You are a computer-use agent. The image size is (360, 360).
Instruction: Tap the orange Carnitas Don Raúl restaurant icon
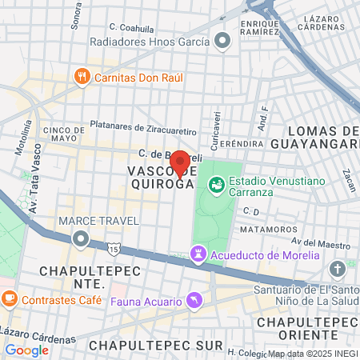(82, 77)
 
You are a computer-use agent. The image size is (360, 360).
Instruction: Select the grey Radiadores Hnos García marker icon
(222, 41)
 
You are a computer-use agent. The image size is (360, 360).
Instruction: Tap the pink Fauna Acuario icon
(192, 300)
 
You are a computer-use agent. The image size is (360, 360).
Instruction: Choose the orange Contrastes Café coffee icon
(10, 300)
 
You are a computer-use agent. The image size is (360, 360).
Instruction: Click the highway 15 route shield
(115, 250)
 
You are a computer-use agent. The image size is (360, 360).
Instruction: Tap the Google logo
(26, 350)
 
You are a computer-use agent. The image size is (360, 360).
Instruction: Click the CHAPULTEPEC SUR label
(152, 345)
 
